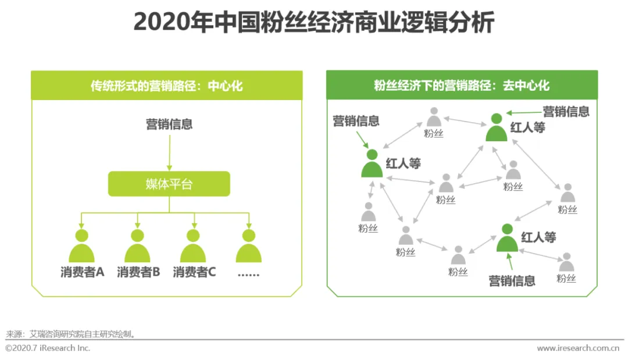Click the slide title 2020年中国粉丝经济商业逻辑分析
point(314,23)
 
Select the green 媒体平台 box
point(169,184)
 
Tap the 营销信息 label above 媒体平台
point(169,124)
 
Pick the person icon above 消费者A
point(81,247)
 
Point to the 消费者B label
point(138,272)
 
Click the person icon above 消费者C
point(194,247)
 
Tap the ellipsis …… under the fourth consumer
point(249,272)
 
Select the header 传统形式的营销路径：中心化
point(166,86)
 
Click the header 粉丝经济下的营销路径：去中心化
point(462,86)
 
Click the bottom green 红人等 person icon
point(507,237)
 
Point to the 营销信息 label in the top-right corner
point(566,111)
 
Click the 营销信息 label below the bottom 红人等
point(512,281)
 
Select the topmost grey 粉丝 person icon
point(433,117)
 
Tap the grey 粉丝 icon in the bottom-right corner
point(566,263)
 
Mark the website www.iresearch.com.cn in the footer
point(577,348)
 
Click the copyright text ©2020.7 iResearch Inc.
point(48,348)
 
